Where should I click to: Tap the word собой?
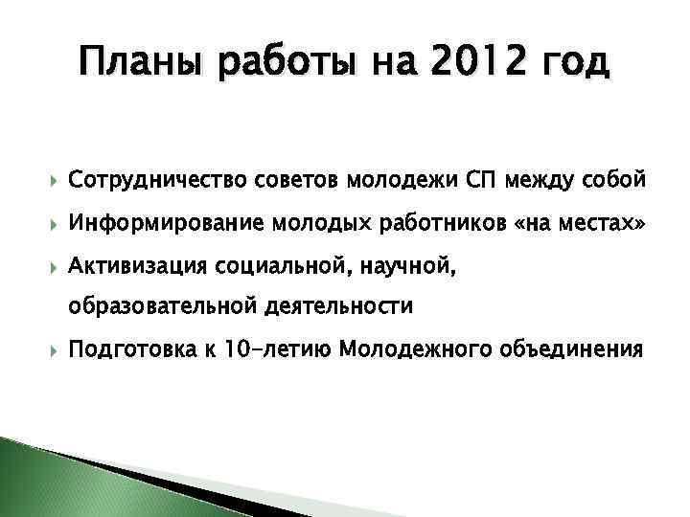click(x=614, y=180)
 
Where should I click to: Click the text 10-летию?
click(x=270, y=349)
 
